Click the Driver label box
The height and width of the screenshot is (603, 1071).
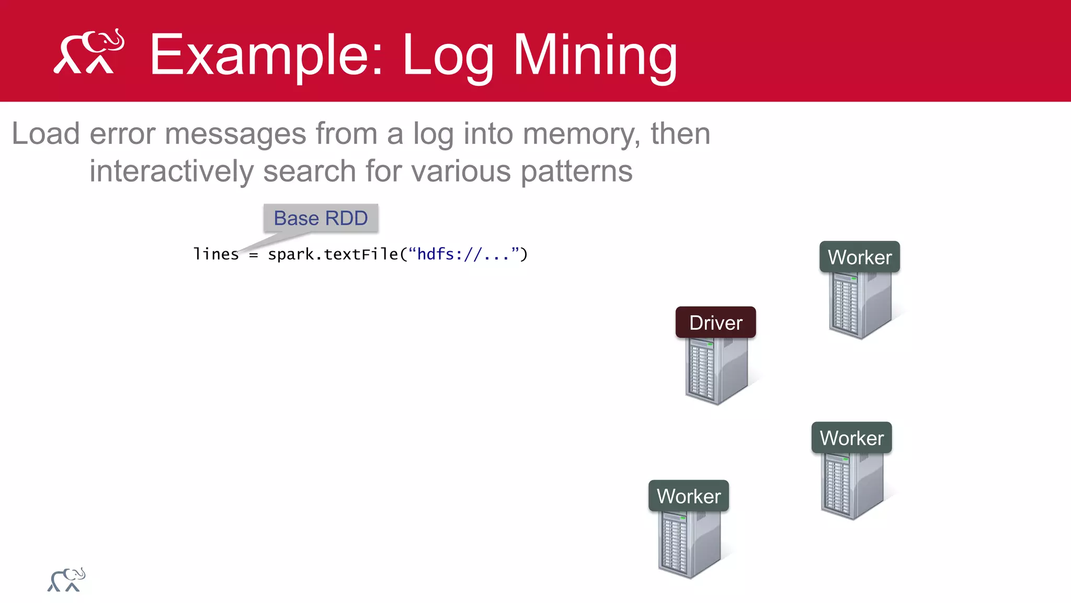pos(715,322)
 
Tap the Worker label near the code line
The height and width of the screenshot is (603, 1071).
pos(859,257)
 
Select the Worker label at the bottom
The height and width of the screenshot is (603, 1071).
pos(688,496)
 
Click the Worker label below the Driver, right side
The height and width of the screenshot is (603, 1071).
pos(851,438)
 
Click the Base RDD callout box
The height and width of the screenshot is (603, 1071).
pos(321,218)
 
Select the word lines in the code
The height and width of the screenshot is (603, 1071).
pos(215,254)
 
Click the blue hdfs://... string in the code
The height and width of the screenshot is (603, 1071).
pos(463,254)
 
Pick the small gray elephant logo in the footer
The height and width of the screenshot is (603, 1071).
pos(66,580)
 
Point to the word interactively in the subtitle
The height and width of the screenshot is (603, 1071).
pos(172,171)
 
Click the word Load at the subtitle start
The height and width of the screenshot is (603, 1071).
pos(45,134)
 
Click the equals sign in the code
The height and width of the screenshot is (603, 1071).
pos(254,255)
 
